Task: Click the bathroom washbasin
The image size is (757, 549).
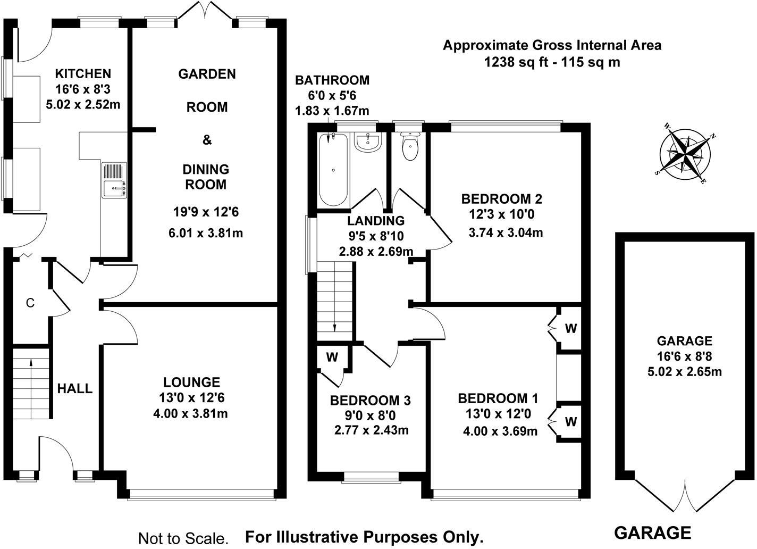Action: click(367, 142)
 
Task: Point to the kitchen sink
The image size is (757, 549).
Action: click(115, 187)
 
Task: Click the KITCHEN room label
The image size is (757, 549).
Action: click(83, 74)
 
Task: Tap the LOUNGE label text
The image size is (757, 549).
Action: click(191, 382)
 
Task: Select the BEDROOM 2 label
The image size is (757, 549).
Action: click(501, 199)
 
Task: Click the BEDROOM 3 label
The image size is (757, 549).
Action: click(370, 400)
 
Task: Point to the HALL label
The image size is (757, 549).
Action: click(75, 389)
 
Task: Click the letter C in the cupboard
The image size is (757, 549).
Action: click(30, 303)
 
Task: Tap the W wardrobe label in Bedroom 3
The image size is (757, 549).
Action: click(332, 357)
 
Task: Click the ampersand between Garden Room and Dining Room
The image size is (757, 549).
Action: click(207, 140)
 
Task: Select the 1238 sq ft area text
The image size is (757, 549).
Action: click(552, 62)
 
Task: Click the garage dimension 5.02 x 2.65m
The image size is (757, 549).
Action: click(684, 371)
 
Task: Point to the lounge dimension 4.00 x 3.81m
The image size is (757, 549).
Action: click(190, 413)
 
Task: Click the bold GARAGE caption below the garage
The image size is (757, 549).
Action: click(653, 533)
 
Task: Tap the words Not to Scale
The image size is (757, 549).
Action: click(183, 538)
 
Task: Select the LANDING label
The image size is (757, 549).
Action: click(376, 221)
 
